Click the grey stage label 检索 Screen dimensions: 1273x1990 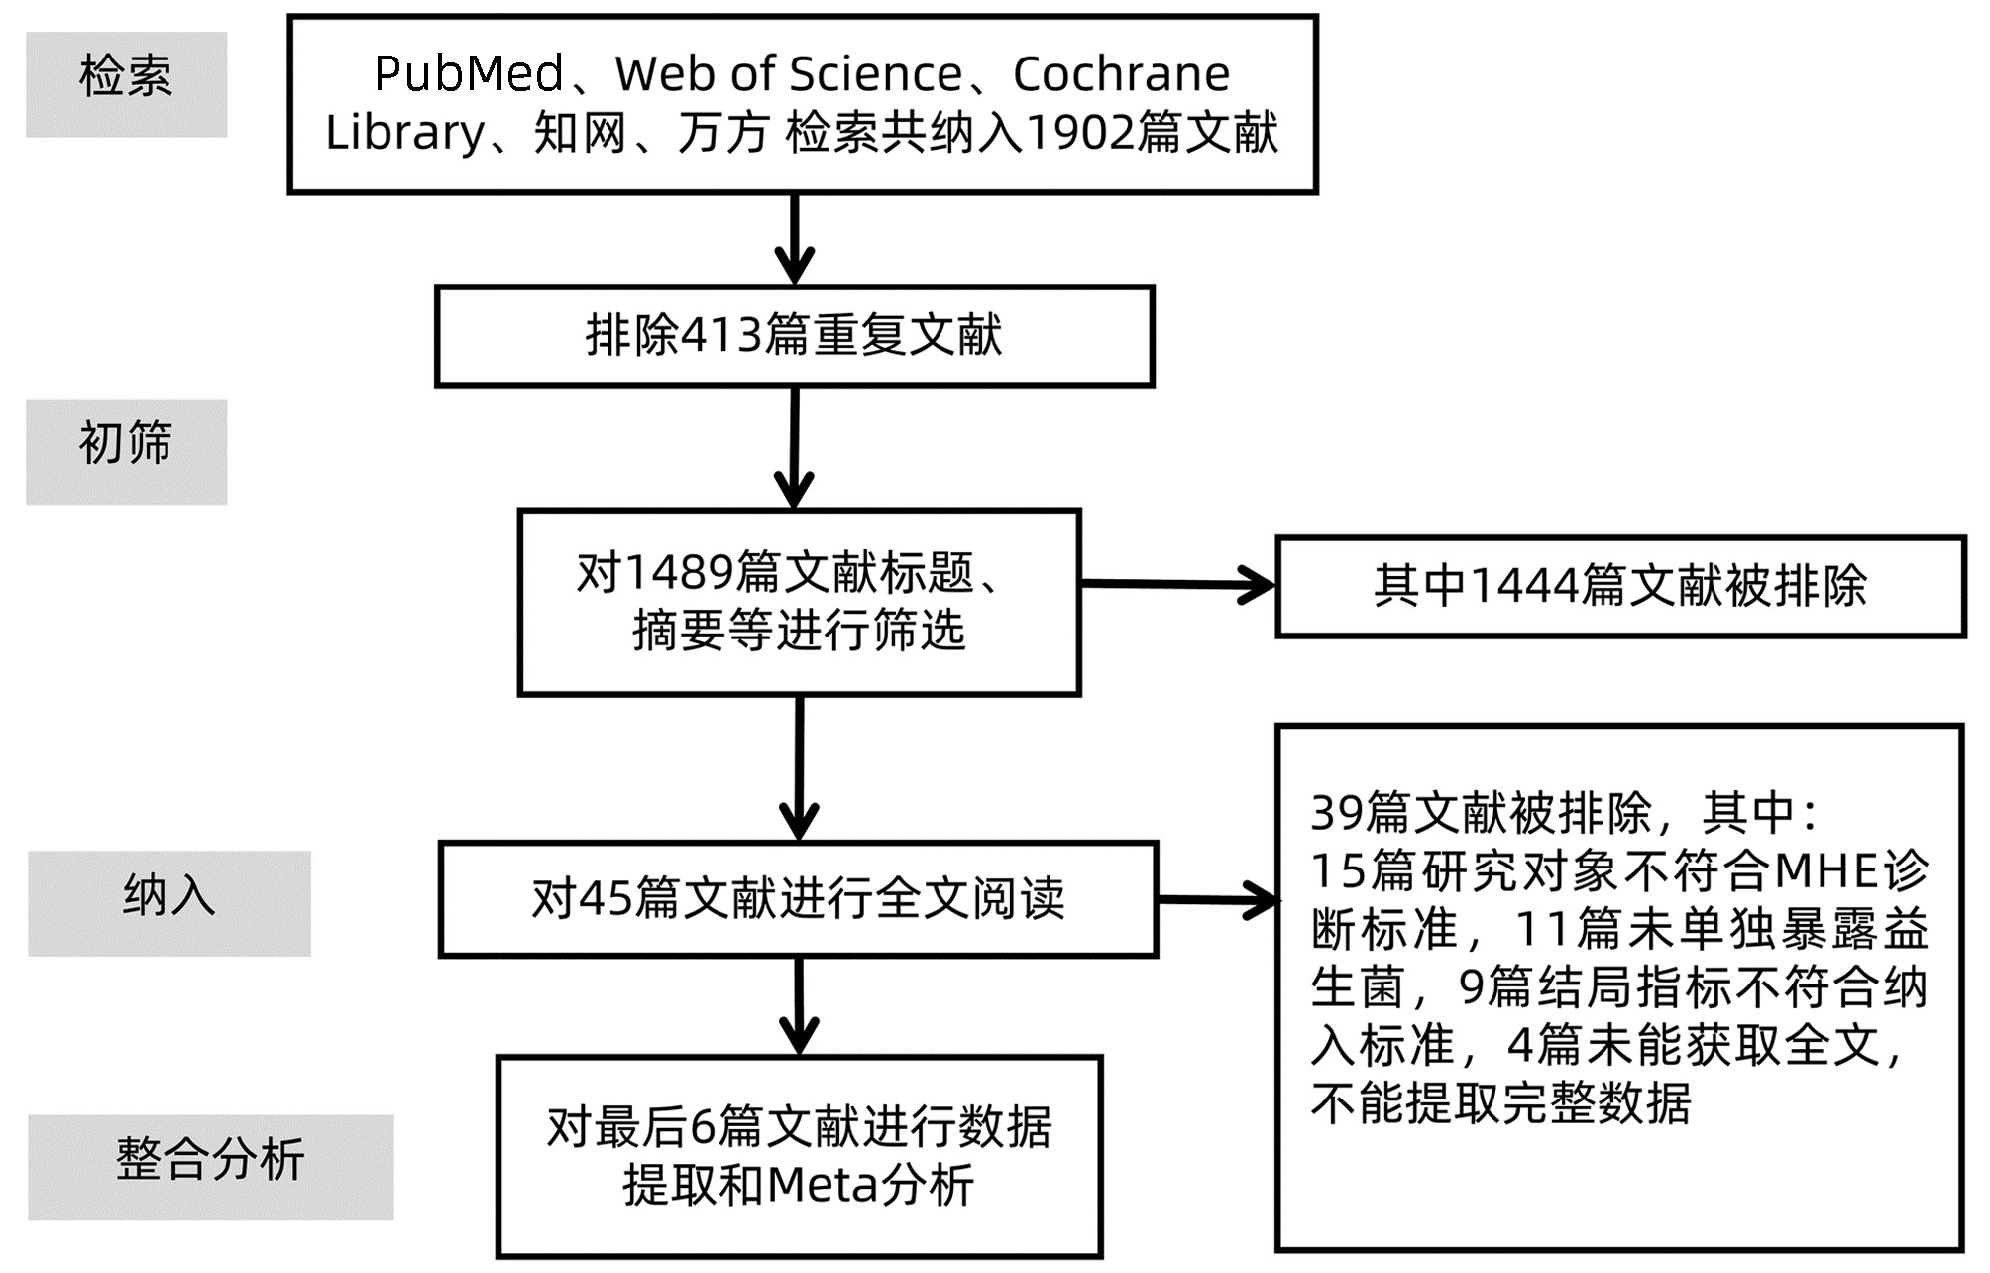pos(126,83)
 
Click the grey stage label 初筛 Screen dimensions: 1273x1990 pos(126,451)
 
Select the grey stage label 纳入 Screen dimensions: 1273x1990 pos(168,902)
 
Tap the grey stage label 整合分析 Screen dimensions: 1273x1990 pos(210,1166)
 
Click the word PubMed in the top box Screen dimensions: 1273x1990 pos(469,74)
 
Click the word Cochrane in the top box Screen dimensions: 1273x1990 pos(1121,74)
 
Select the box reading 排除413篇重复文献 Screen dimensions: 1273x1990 pos(794,336)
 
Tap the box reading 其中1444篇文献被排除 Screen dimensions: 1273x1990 pos(1619,586)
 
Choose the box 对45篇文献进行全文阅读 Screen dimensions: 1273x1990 pos(798,899)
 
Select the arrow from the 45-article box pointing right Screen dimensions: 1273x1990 pos(1218,900)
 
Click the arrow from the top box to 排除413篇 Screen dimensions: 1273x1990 pos(795,240)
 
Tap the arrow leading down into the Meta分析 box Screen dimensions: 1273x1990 pos(799,1005)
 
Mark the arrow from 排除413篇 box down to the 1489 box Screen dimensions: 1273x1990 pos(794,448)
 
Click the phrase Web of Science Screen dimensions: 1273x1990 pos(788,74)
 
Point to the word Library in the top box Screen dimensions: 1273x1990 pos(404,133)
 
